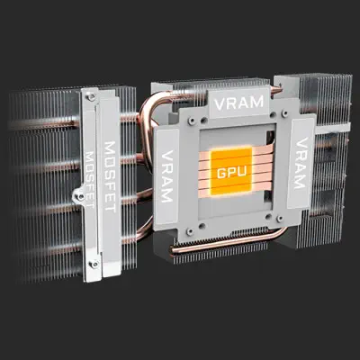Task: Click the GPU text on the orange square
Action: click(x=231, y=172)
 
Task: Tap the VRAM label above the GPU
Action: click(x=239, y=103)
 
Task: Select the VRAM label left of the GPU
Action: click(x=167, y=176)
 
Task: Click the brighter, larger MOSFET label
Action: click(x=110, y=177)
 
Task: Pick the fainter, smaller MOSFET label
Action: click(x=90, y=179)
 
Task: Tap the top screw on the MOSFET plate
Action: click(x=91, y=96)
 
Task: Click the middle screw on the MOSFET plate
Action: click(x=80, y=196)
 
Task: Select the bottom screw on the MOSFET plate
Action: click(x=94, y=264)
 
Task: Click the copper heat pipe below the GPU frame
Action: click(x=228, y=243)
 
